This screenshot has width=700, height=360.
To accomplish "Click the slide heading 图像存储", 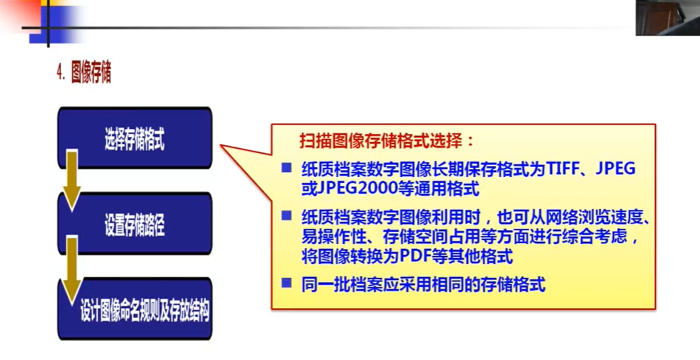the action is (x=91, y=73).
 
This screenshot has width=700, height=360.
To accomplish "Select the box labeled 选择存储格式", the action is (x=135, y=138).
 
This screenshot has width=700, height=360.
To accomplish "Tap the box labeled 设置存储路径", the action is (x=135, y=223).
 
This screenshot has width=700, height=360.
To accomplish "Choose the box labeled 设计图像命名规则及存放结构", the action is (x=135, y=309).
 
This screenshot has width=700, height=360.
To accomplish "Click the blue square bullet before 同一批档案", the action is (x=286, y=282).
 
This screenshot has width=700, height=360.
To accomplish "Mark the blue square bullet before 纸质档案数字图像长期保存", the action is (x=286, y=168).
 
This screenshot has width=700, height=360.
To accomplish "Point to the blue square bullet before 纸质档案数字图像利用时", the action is (x=286, y=215).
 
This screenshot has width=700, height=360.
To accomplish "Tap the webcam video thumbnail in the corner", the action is (x=668, y=18).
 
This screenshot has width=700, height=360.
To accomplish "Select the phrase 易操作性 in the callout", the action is (x=333, y=236).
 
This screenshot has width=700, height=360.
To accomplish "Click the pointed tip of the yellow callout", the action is (x=220, y=145).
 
